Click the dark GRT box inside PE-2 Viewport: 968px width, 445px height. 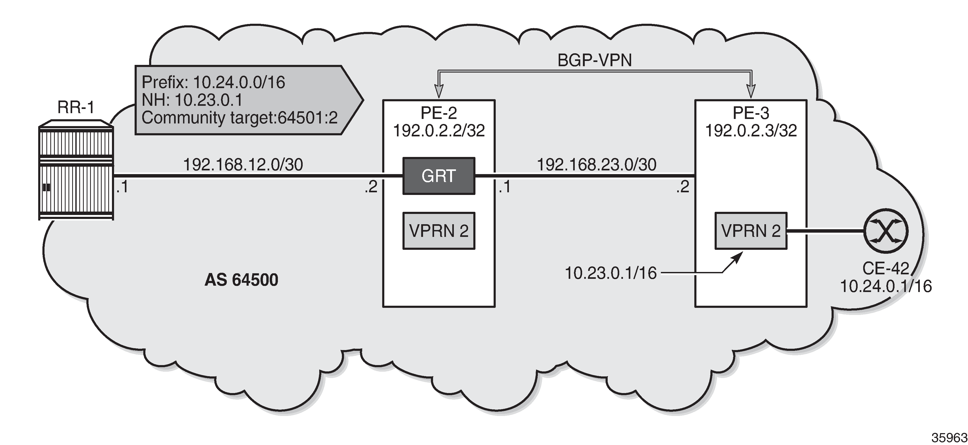coord(439,176)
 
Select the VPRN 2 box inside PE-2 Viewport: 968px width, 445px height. coord(439,231)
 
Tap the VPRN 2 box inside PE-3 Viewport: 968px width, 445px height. coord(750,231)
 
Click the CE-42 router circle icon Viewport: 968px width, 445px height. coord(886,231)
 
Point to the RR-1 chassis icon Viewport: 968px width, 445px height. coord(76,170)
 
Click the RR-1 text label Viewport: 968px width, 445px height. coord(76,108)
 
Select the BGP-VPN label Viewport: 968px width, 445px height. coord(594,60)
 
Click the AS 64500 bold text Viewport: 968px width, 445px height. coord(241,280)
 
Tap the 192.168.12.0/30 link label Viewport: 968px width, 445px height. coord(243,165)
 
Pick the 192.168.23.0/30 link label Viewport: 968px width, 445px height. coord(596,165)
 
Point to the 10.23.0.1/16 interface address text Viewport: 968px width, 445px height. coord(611,273)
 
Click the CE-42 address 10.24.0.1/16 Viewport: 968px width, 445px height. coord(886,286)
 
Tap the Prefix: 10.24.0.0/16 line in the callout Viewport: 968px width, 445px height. coord(213,82)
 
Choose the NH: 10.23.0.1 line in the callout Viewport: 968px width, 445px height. coord(192,100)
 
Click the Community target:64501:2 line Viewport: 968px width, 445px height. coord(239,118)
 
